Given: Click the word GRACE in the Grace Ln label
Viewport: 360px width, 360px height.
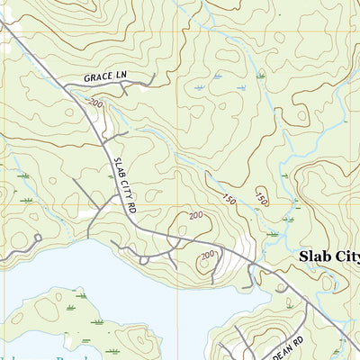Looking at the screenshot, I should [100, 78].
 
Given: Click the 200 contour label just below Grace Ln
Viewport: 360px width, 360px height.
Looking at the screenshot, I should [96, 105].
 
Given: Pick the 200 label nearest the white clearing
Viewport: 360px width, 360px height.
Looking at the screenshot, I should [208, 256].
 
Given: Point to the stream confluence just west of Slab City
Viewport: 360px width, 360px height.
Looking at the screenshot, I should [270, 233].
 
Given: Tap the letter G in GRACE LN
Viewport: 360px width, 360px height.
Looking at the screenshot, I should [88, 78].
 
